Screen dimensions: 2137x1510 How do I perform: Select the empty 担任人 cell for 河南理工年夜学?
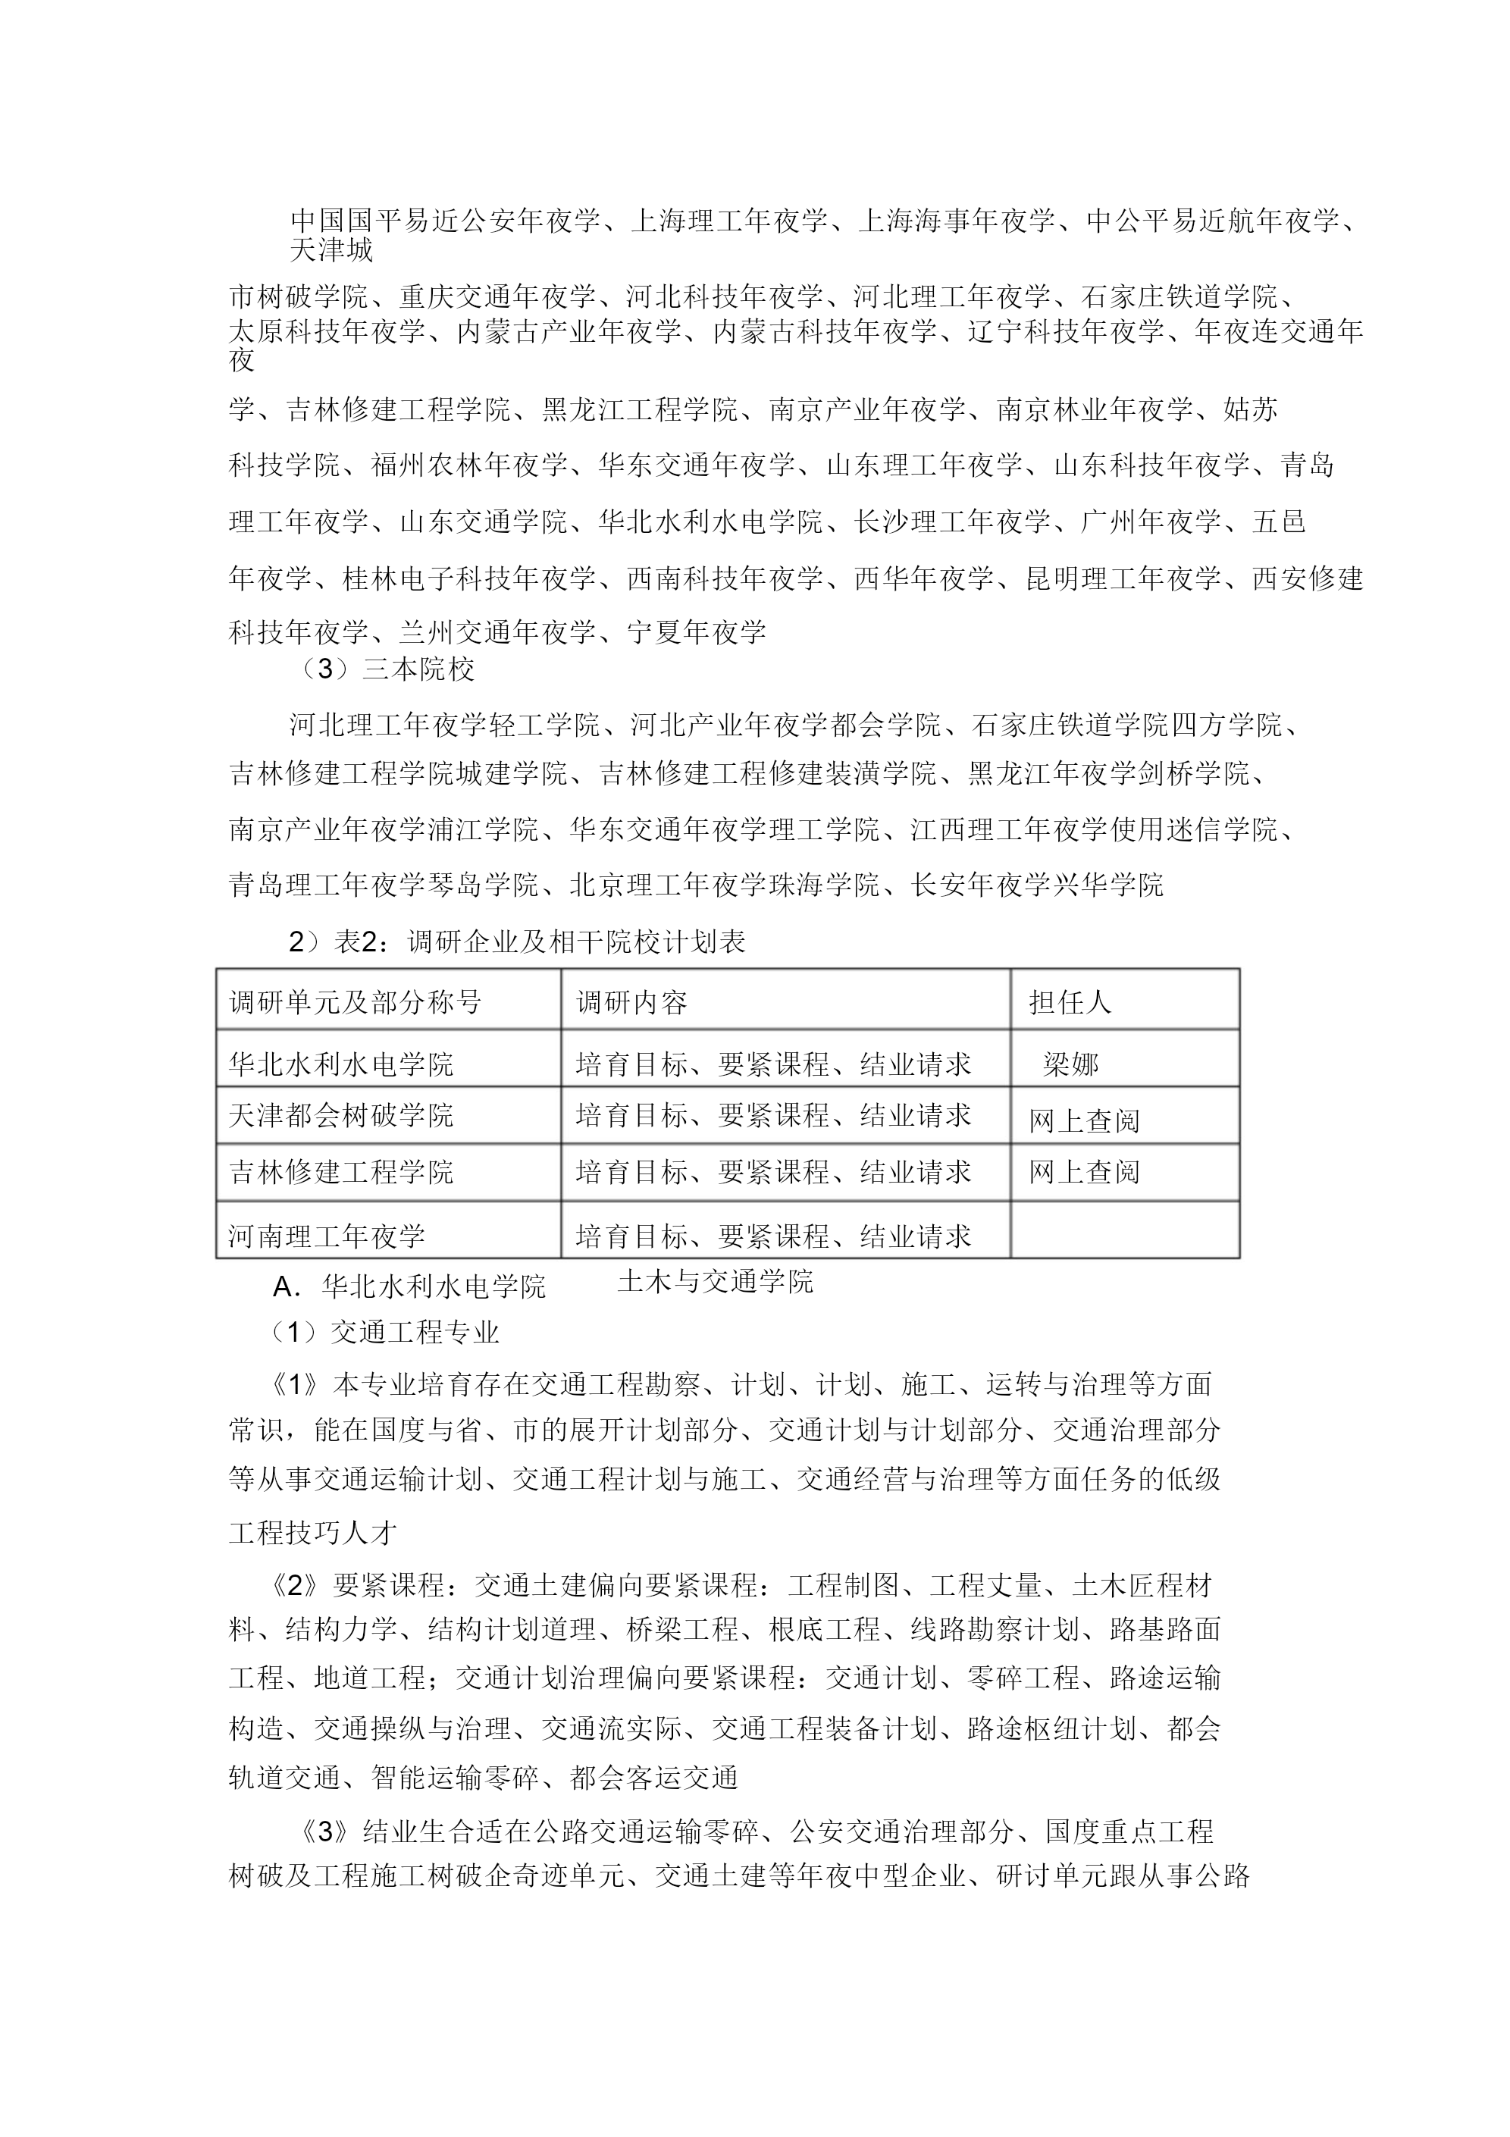tap(1125, 1230)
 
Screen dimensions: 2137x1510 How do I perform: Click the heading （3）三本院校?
tap(383, 669)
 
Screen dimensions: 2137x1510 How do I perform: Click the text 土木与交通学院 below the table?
tap(715, 1282)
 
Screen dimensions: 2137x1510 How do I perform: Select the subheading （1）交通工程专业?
tap(384, 1332)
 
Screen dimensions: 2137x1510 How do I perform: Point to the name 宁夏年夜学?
tap(697, 632)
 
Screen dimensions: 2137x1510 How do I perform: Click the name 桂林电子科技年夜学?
tap(469, 578)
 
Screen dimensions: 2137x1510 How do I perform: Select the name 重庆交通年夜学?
tap(497, 297)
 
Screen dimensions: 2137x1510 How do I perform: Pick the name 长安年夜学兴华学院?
tap(1037, 883)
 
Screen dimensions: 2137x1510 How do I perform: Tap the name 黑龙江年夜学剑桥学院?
tap(1107, 773)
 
